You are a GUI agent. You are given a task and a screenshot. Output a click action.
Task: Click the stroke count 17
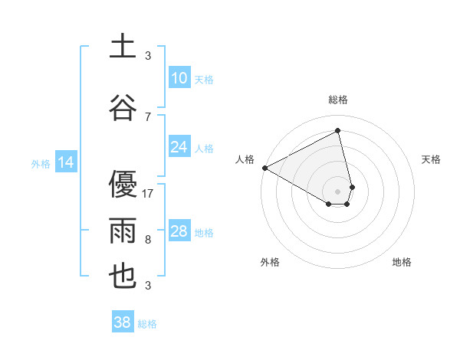click(x=149, y=194)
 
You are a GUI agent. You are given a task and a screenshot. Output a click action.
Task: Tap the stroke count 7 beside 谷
click(x=148, y=117)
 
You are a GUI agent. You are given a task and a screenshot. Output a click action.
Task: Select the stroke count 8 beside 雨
click(x=148, y=240)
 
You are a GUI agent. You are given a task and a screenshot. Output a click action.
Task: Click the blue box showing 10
click(x=179, y=78)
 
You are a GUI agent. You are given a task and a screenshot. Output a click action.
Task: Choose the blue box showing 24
click(x=179, y=147)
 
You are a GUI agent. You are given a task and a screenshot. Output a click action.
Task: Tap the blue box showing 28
click(x=179, y=231)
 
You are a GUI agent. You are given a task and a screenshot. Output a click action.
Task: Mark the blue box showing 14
click(x=66, y=162)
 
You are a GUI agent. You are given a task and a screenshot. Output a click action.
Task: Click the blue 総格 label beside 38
click(x=147, y=324)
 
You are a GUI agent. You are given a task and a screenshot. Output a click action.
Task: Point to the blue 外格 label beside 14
click(x=41, y=163)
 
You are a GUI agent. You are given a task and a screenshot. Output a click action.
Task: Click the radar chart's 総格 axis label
click(x=338, y=100)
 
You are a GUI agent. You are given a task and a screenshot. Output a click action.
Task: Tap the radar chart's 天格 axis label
click(x=432, y=159)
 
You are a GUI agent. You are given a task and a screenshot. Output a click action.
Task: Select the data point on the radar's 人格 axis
click(x=264, y=168)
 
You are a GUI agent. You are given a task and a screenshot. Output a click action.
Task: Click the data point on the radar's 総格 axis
click(x=338, y=131)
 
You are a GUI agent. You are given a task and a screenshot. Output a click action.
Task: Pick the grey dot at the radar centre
click(x=338, y=190)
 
